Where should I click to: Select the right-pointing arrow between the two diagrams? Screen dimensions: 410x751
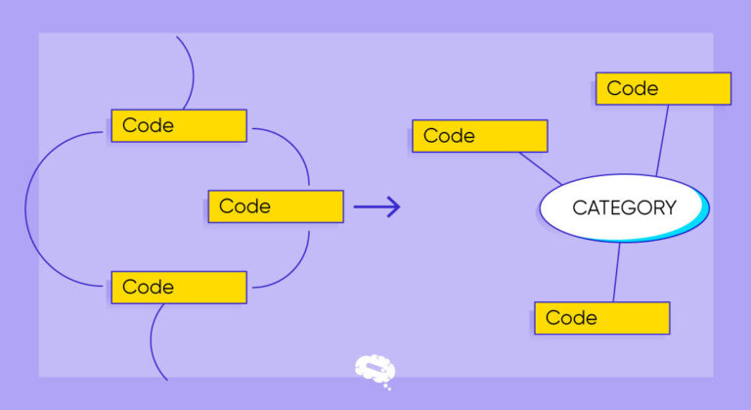(x=376, y=206)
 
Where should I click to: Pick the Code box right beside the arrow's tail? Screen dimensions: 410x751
(x=276, y=206)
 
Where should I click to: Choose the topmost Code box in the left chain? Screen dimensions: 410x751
(x=178, y=125)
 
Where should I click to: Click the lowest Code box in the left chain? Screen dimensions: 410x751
(x=178, y=288)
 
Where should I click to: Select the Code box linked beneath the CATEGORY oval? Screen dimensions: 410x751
(x=601, y=318)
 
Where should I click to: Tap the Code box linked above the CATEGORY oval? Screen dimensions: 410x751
(x=663, y=88)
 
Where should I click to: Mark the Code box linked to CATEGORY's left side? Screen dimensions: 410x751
(x=479, y=136)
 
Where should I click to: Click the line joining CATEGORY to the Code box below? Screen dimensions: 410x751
(x=617, y=272)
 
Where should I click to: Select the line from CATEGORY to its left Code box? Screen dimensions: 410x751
(x=541, y=167)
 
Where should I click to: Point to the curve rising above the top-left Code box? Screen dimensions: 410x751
(x=192, y=73)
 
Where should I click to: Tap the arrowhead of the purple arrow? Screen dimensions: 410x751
(x=393, y=206)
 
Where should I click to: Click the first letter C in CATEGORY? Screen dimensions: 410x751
(x=578, y=208)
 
